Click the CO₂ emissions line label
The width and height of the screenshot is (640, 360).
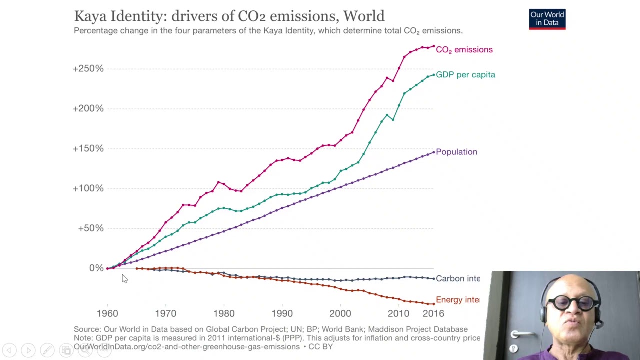coord(464,50)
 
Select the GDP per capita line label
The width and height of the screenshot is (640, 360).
coord(465,75)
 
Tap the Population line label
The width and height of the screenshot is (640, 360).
coord(456,152)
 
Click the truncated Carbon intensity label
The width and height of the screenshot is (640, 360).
coord(457,279)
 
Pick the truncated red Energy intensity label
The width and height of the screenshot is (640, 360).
coord(457,300)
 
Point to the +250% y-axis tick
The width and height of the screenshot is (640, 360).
coord(88,68)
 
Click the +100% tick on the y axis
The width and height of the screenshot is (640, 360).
coord(88,188)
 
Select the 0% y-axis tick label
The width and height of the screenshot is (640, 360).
coord(96,268)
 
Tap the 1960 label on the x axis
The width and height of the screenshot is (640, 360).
coord(107,314)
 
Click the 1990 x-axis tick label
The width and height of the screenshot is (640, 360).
coord(282,314)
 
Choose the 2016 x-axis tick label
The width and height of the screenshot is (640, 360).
coord(433,314)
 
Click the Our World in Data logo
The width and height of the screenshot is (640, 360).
coord(547,19)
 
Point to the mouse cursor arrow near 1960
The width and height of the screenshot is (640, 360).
coord(124,279)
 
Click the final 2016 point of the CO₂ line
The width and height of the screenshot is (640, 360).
coord(433,46)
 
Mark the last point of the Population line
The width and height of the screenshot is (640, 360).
coord(433,152)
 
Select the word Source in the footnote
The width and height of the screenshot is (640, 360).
coord(87,329)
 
